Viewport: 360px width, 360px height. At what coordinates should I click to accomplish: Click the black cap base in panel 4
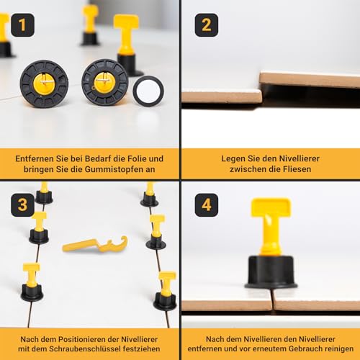(x=271, y=272)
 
